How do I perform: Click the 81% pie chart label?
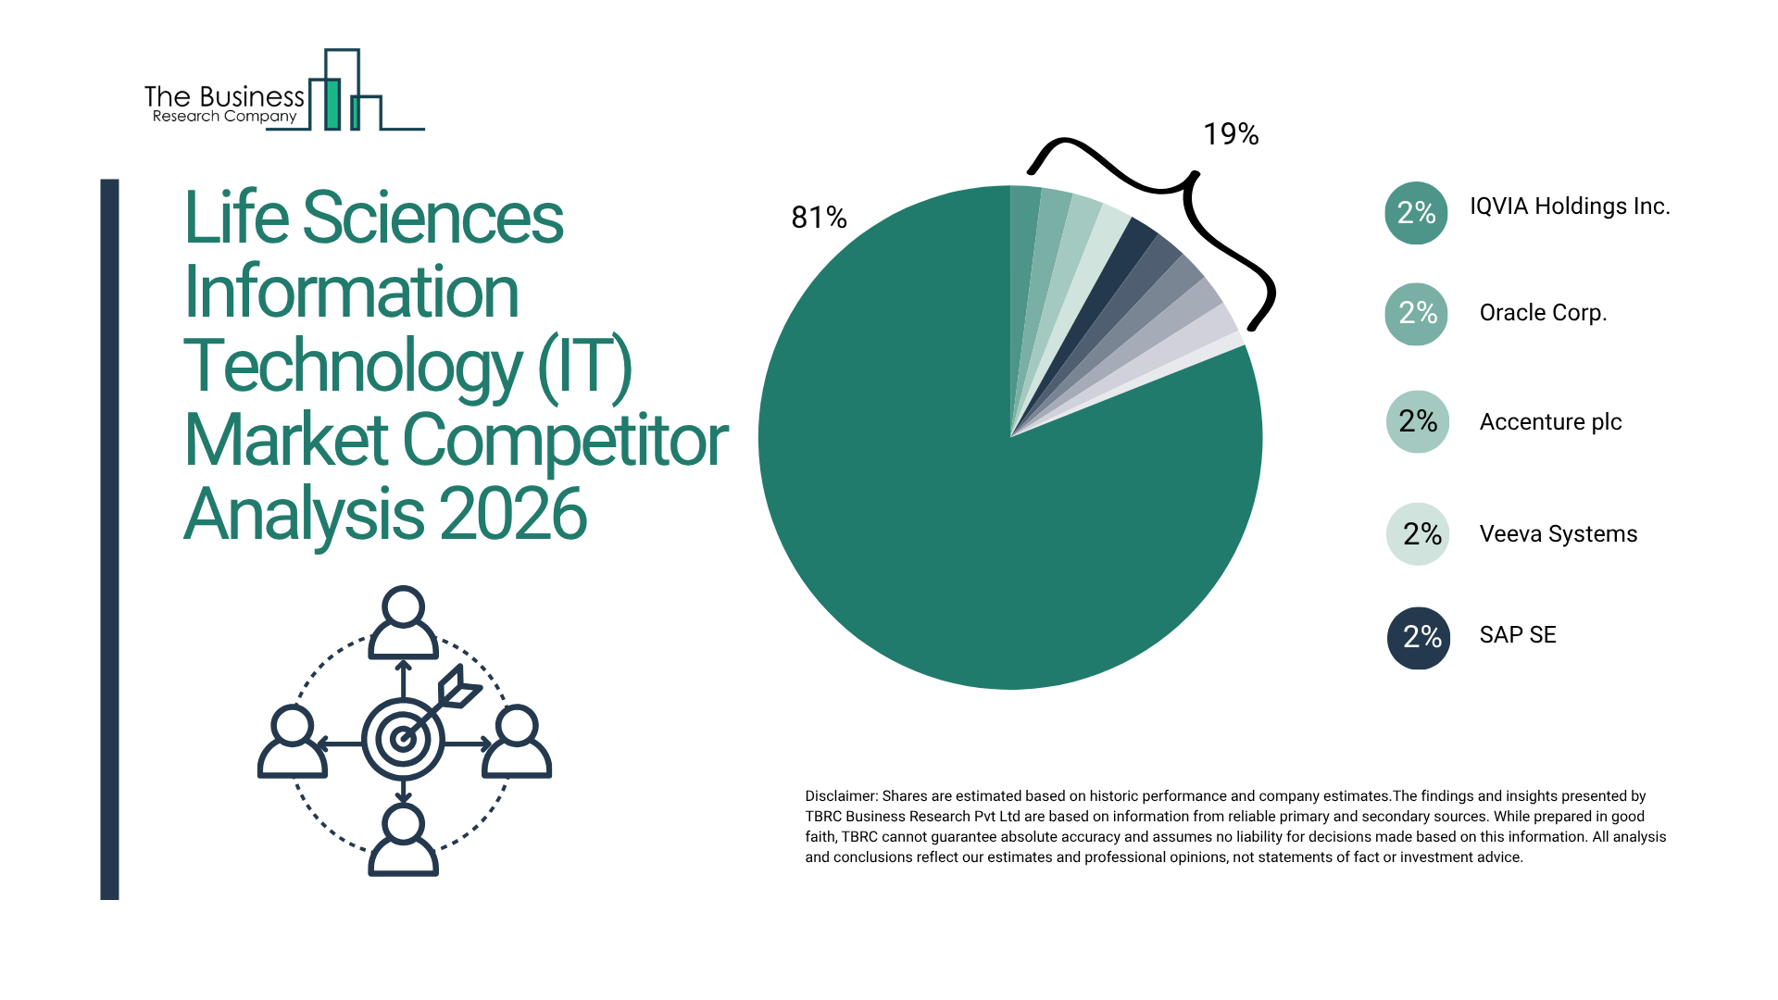[819, 218]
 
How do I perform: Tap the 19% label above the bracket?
[1230, 134]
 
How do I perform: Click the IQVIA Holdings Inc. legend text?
[1570, 206]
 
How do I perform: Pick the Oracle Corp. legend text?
[1543, 313]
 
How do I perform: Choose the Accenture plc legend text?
[1550, 422]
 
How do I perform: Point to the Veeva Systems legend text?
[1558, 534]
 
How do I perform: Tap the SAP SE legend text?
[1517, 635]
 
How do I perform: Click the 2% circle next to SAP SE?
[1418, 637]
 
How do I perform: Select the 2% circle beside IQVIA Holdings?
[1416, 213]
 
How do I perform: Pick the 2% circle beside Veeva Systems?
[1418, 534]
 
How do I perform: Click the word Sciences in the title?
[432, 218]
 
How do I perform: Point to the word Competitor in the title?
[565, 440]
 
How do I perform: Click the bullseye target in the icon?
[403, 739]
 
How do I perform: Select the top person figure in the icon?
[403, 622]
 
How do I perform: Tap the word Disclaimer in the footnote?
[840, 796]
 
